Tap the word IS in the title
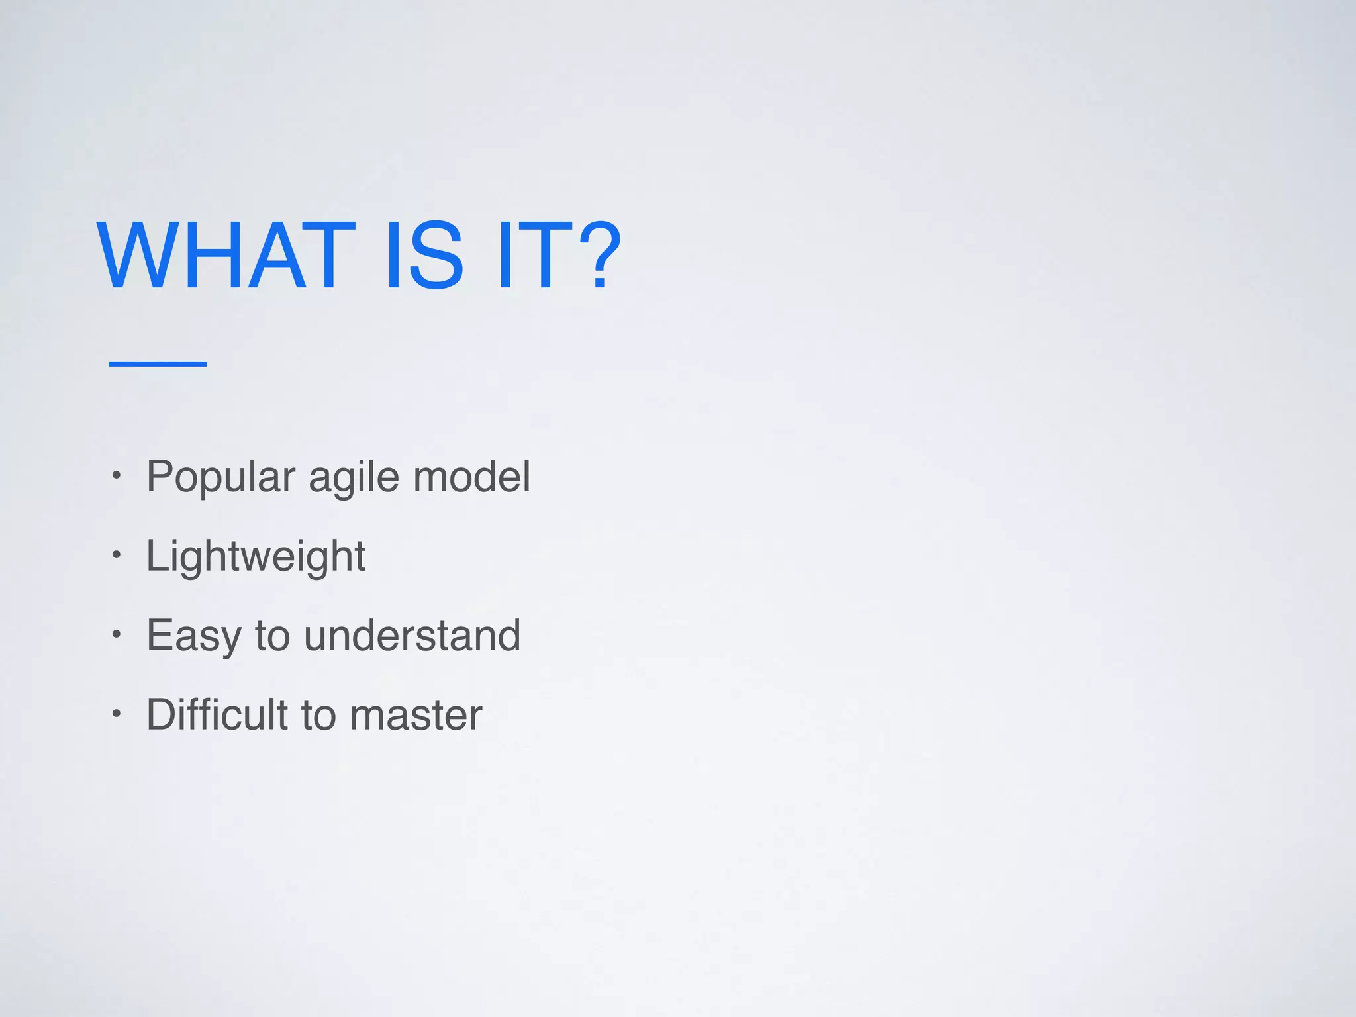point(424,256)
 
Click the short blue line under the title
point(158,363)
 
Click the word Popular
point(220,477)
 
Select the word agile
point(354,477)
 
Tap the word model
point(471,477)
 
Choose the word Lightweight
point(256,556)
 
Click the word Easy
point(194,636)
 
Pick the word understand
point(412,636)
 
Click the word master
point(416,715)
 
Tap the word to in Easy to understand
point(273,636)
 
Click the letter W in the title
point(136,256)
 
